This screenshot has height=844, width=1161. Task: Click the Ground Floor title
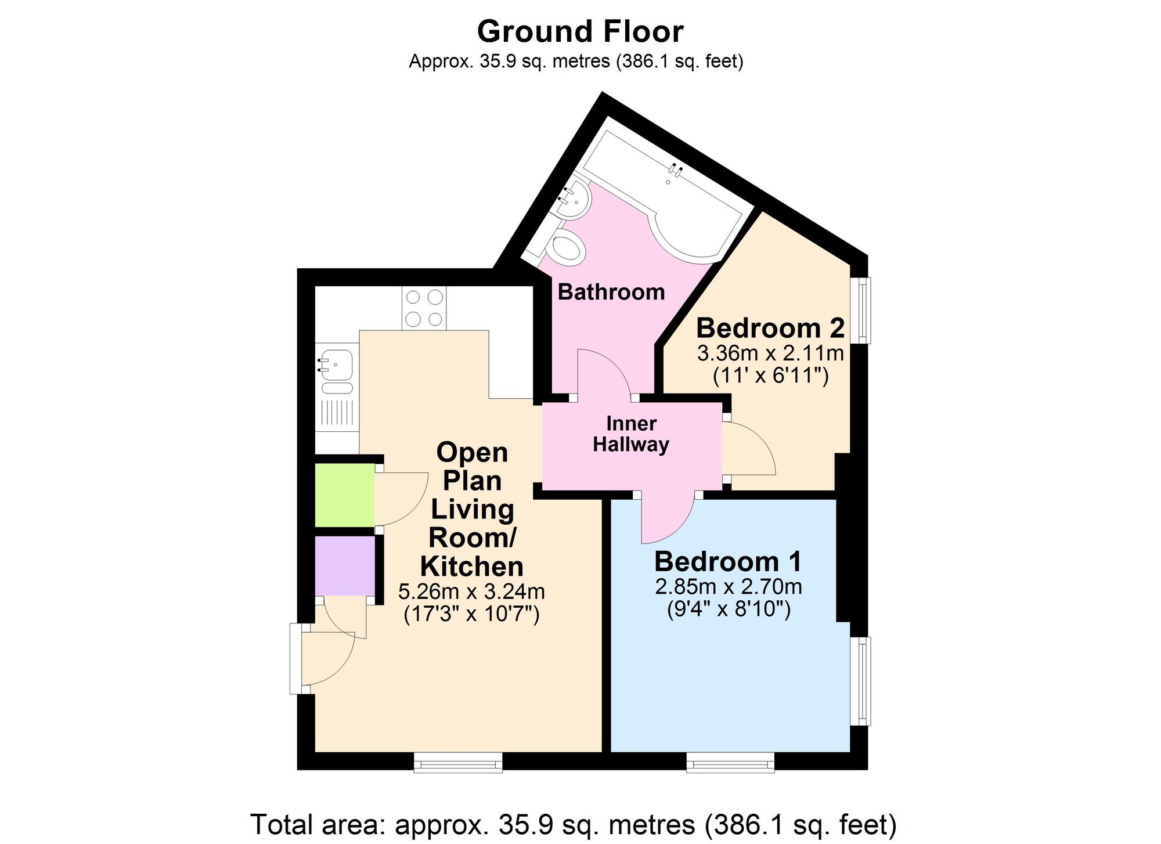[x=580, y=32]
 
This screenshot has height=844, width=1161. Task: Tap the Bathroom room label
[x=611, y=292]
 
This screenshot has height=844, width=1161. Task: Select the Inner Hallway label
[x=631, y=434]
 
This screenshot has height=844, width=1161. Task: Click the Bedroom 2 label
[x=770, y=328]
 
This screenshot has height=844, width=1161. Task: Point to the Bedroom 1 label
[x=728, y=562]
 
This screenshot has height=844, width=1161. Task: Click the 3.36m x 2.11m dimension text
[x=770, y=353]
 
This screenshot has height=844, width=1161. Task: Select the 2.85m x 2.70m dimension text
[x=729, y=587]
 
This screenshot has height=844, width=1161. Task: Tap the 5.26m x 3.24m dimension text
[x=471, y=592]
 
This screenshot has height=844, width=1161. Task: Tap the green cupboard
[x=345, y=495]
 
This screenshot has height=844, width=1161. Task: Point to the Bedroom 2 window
[x=864, y=310]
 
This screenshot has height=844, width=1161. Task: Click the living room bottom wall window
[x=458, y=762]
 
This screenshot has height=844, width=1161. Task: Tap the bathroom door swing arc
[x=612, y=363]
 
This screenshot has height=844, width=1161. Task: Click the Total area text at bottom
[x=574, y=824]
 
